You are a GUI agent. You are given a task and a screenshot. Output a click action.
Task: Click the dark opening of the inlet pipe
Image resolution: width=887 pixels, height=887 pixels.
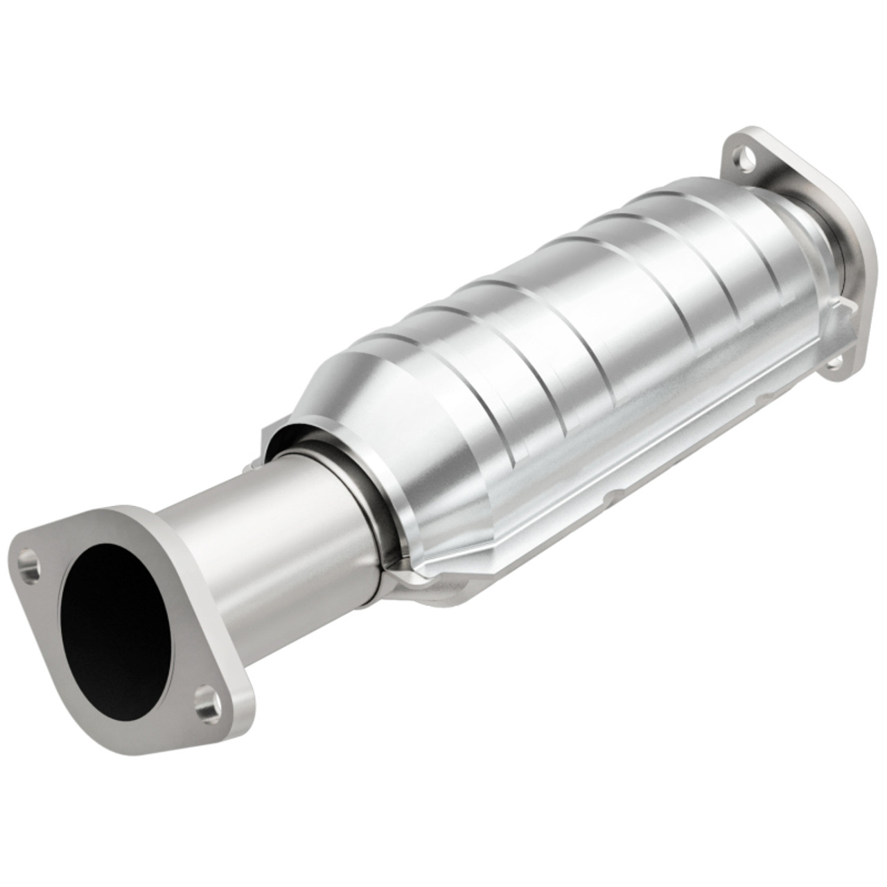point(114,617)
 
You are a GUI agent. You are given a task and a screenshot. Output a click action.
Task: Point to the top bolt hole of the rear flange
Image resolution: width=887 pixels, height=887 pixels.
point(744,156)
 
